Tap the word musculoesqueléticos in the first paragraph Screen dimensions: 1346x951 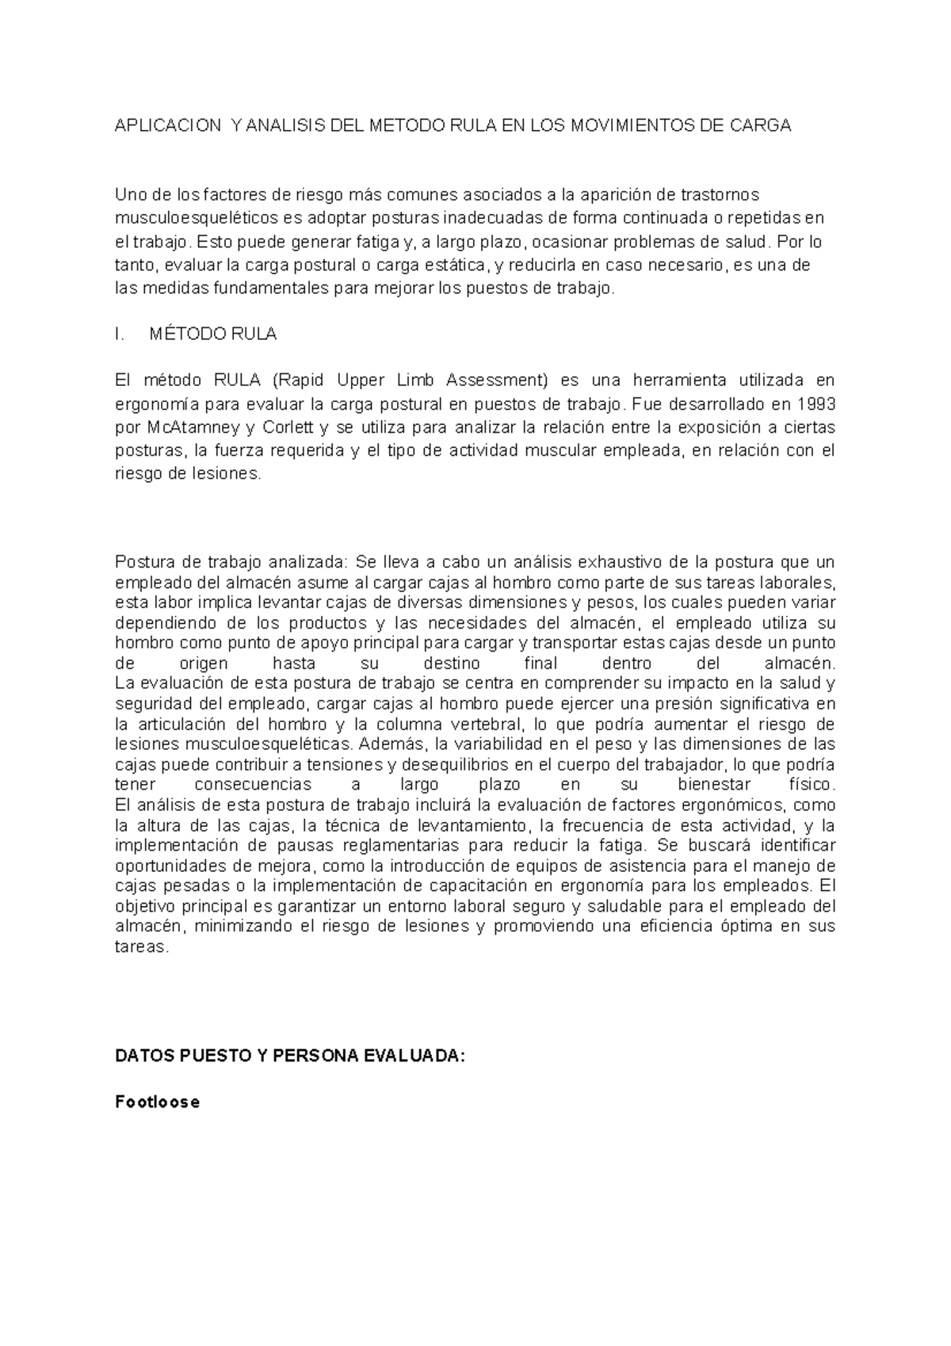[202, 218]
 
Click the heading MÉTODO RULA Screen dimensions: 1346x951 [212, 335]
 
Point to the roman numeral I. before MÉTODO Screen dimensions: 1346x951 [120, 335]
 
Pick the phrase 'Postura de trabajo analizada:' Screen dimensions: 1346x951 [231, 563]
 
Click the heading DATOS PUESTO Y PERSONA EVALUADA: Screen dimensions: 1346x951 [287, 1057]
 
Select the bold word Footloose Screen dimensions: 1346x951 [157, 1102]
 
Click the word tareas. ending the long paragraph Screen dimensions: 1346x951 [142, 947]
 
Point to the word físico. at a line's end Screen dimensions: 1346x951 [812, 785]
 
